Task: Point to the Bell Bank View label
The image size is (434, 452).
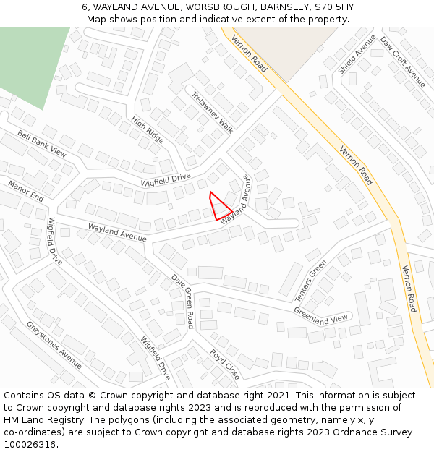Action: click(42, 144)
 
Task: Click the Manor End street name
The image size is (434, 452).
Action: click(26, 191)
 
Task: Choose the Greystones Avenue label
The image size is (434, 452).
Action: click(54, 344)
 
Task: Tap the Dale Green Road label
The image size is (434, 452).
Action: click(183, 300)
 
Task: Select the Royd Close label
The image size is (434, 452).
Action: click(224, 364)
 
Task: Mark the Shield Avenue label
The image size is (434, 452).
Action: click(357, 54)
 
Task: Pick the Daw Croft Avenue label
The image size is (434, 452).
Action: click(403, 61)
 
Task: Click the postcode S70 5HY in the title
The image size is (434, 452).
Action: click(330, 7)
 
